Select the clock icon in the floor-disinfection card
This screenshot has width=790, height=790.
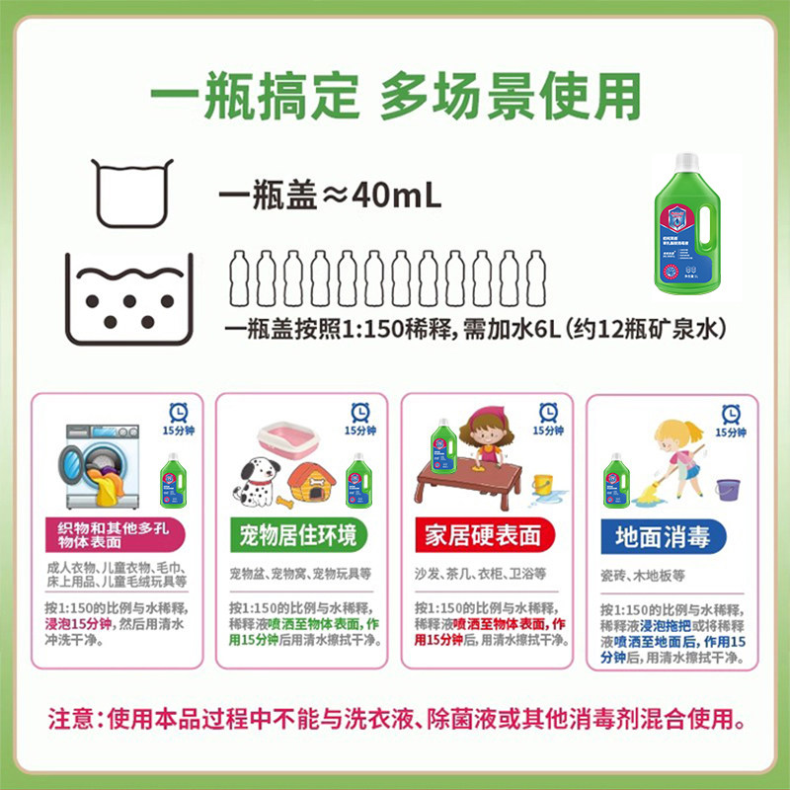(x=731, y=414)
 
